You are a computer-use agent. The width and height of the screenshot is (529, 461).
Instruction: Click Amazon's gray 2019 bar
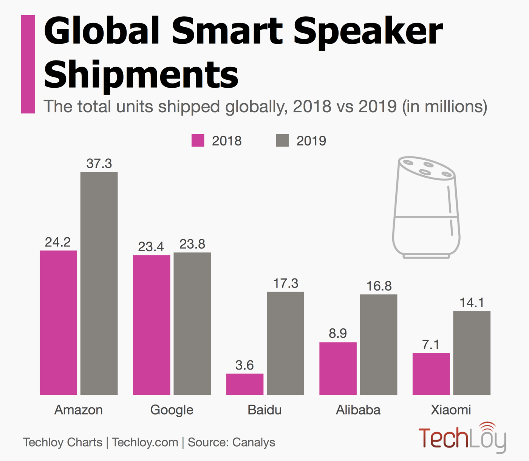[x=99, y=283]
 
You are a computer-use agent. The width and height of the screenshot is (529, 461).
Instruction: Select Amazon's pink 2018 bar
[x=58, y=323]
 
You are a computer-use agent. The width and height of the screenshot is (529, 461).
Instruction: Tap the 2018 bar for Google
[x=152, y=325]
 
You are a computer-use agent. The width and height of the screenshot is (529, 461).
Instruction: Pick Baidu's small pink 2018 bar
[x=245, y=384]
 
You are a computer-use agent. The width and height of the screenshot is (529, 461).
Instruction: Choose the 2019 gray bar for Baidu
[x=285, y=343]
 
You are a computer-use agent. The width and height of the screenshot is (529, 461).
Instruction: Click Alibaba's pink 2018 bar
[x=338, y=368]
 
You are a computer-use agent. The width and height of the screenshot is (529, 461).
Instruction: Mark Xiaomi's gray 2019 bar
[x=472, y=353]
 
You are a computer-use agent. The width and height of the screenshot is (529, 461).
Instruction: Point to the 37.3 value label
[x=99, y=164]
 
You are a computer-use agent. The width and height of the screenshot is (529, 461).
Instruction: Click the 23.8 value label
[x=192, y=244]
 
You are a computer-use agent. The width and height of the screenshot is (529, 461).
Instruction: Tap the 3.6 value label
[x=244, y=365]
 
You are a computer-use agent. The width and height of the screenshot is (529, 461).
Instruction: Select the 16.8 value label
[x=379, y=286]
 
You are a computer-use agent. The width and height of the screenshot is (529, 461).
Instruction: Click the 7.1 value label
[x=431, y=345]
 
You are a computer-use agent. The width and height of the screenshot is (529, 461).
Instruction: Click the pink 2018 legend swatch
[x=198, y=141]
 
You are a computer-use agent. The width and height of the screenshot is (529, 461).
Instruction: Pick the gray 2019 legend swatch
[x=282, y=141]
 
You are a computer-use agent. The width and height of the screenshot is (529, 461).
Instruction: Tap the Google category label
[x=172, y=410]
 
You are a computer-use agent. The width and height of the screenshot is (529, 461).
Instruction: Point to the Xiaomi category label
[x=451, y=410]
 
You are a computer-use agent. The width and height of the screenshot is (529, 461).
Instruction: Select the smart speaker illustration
[x=426, y=208]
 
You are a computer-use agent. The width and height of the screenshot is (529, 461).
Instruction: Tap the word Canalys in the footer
[x=254, y=442]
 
